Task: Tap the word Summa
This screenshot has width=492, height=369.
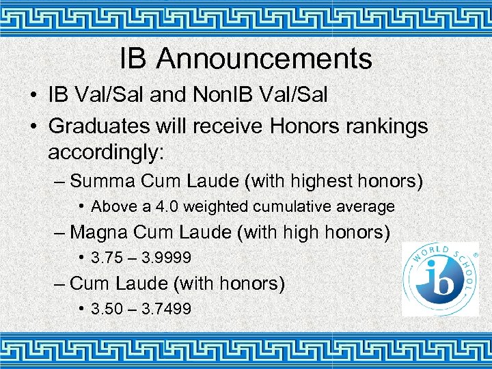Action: (x=103, y=181)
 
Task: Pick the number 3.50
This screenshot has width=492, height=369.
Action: (x=106, y=309)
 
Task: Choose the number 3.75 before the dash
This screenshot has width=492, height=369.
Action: (x=106, y=258)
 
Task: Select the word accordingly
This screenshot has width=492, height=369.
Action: (x=106, y=151)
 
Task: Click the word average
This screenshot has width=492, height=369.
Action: (x=364, y=206)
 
